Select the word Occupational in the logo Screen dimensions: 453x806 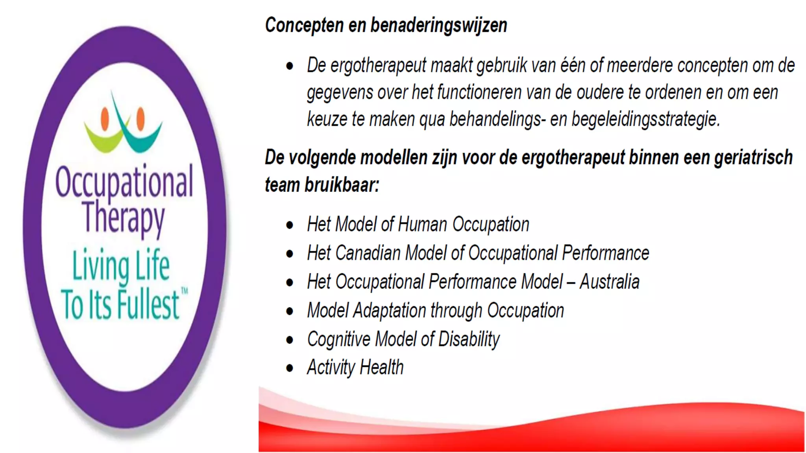pyautogui.click(x=124, y=182)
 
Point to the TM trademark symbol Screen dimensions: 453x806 pyautogui.click(x=184, y=291)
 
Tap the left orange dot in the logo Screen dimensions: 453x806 pyautogui.click(x=105, y=118)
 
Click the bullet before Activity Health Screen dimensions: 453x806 pyautogui.click(x=290, y=368)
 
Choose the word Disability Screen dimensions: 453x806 pyautogui.click(x=469, y=339)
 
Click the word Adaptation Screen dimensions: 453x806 pyautogui.click(x=389, y=310)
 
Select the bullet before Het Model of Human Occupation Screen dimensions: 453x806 pyautogui.click(x=290, y=225)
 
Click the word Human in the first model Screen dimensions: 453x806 pyautogui.click(x=422, y=225)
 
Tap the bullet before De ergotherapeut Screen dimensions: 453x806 pyautogui.click(x=290, y=66)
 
